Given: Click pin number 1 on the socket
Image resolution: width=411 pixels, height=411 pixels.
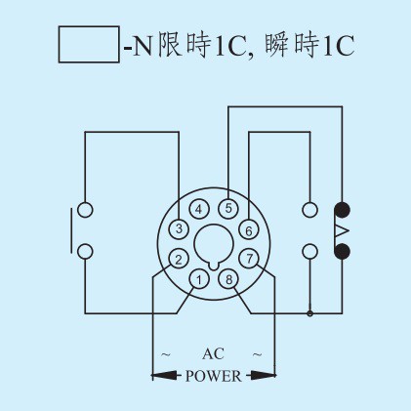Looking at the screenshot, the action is coord(199,279).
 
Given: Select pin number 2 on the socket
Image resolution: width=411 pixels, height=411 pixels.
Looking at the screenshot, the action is coord(179,259).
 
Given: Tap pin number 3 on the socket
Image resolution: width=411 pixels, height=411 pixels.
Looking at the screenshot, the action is coord(179,228).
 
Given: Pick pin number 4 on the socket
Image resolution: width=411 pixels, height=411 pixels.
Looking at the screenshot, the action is coord(199,209).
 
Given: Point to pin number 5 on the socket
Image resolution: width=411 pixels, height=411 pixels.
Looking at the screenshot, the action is coord(228,208).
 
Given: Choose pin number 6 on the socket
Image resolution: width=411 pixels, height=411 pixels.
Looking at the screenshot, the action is coord(249,230).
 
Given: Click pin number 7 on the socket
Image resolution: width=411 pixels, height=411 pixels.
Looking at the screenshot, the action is coord(249,259).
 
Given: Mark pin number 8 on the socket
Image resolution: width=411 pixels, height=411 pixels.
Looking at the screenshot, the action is coord(228,279).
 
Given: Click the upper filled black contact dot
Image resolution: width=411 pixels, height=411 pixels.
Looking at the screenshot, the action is coord(342,210).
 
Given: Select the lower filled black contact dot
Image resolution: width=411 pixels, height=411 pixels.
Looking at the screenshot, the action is coord(342,251).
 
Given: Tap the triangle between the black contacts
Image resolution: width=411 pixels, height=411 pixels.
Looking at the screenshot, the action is coord(343,230).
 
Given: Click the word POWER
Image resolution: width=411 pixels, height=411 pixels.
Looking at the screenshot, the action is coord(214,376).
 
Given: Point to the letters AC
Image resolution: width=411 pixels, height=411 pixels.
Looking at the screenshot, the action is coord(213,353).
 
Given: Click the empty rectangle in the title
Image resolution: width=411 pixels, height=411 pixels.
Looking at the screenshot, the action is coord(89,44).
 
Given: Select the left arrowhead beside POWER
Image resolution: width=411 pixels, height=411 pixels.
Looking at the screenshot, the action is coord(164,376).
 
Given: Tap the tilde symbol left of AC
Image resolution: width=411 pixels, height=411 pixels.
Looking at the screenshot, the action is coord(166,354).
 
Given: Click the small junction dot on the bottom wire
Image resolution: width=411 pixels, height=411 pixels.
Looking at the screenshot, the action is coord(310,313).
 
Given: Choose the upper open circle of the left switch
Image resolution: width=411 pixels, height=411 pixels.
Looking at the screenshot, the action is coord(85,210).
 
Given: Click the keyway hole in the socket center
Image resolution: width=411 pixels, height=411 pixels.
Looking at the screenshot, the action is coord(214,244).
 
